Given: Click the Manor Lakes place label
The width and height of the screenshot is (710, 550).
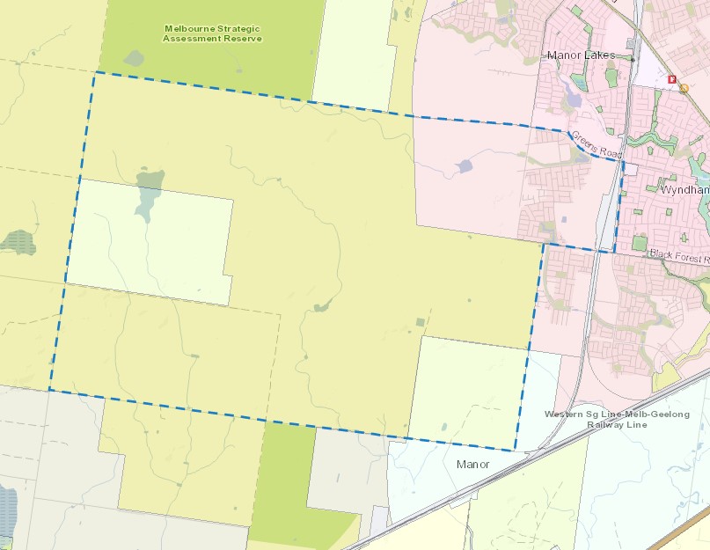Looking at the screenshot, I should (x=581, y=55).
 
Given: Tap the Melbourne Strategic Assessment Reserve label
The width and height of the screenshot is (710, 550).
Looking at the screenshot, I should (x=212, y=33).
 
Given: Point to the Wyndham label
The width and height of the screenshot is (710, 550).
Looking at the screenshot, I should (x=684, y=189).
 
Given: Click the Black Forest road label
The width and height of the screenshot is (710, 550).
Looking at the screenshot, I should (x=678, y=254).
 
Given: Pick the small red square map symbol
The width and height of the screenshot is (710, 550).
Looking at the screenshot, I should (x=673, y=79).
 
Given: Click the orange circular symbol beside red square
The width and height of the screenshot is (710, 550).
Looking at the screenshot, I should (x=684, y=88).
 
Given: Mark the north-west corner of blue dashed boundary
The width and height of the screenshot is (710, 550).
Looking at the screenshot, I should (x=94, y=72).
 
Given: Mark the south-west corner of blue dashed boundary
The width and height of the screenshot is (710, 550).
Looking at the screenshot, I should (x=49, y=389).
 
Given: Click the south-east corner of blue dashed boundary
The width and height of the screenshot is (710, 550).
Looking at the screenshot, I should (x=516, y=450).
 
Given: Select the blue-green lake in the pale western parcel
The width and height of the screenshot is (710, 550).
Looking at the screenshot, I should (x=149, y=194).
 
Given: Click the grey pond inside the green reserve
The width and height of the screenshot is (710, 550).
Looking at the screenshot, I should (x=134, y=58).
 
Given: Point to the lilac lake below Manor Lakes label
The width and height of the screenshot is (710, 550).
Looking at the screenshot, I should (x=573, y=94).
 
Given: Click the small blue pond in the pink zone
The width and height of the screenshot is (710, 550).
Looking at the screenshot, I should (x=463, y=165).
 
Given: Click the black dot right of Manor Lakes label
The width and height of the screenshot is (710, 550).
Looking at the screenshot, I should (x=632, y=58).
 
